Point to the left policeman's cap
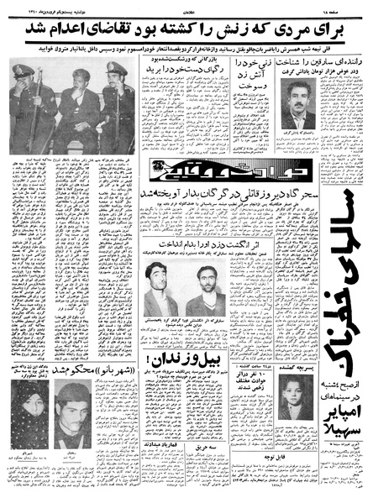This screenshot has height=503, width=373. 24,71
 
